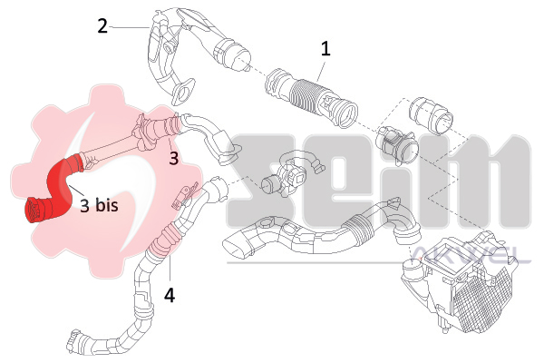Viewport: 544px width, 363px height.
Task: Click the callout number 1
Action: point(325,49)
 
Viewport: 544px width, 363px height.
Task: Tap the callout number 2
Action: point(102,26)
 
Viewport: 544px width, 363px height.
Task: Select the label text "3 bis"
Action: point(99,205)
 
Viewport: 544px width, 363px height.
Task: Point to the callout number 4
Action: point(170,296)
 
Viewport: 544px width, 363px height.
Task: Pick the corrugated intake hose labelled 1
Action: point(310,97)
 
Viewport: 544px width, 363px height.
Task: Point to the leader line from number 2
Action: point(130,26)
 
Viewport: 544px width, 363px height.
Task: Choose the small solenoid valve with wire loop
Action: point(291,173)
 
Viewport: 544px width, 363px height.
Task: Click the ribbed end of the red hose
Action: point(34,210)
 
